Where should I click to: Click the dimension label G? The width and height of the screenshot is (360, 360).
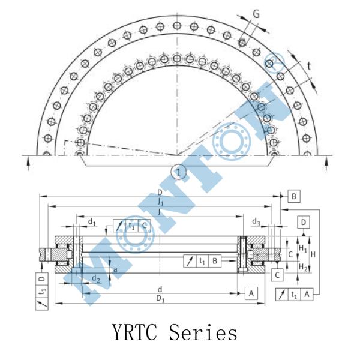256,14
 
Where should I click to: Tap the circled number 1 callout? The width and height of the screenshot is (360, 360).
179,172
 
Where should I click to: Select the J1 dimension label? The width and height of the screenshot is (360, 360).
161,202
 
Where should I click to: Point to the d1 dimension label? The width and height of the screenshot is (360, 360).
92,222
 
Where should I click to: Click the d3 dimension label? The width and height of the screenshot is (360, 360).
256,221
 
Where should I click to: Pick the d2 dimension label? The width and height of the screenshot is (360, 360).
96,279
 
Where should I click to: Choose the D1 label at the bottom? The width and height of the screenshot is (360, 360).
160,299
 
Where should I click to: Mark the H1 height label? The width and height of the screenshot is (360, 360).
303,248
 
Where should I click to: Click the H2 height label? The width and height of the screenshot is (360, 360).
303,267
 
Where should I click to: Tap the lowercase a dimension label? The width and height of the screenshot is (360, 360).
115,269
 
